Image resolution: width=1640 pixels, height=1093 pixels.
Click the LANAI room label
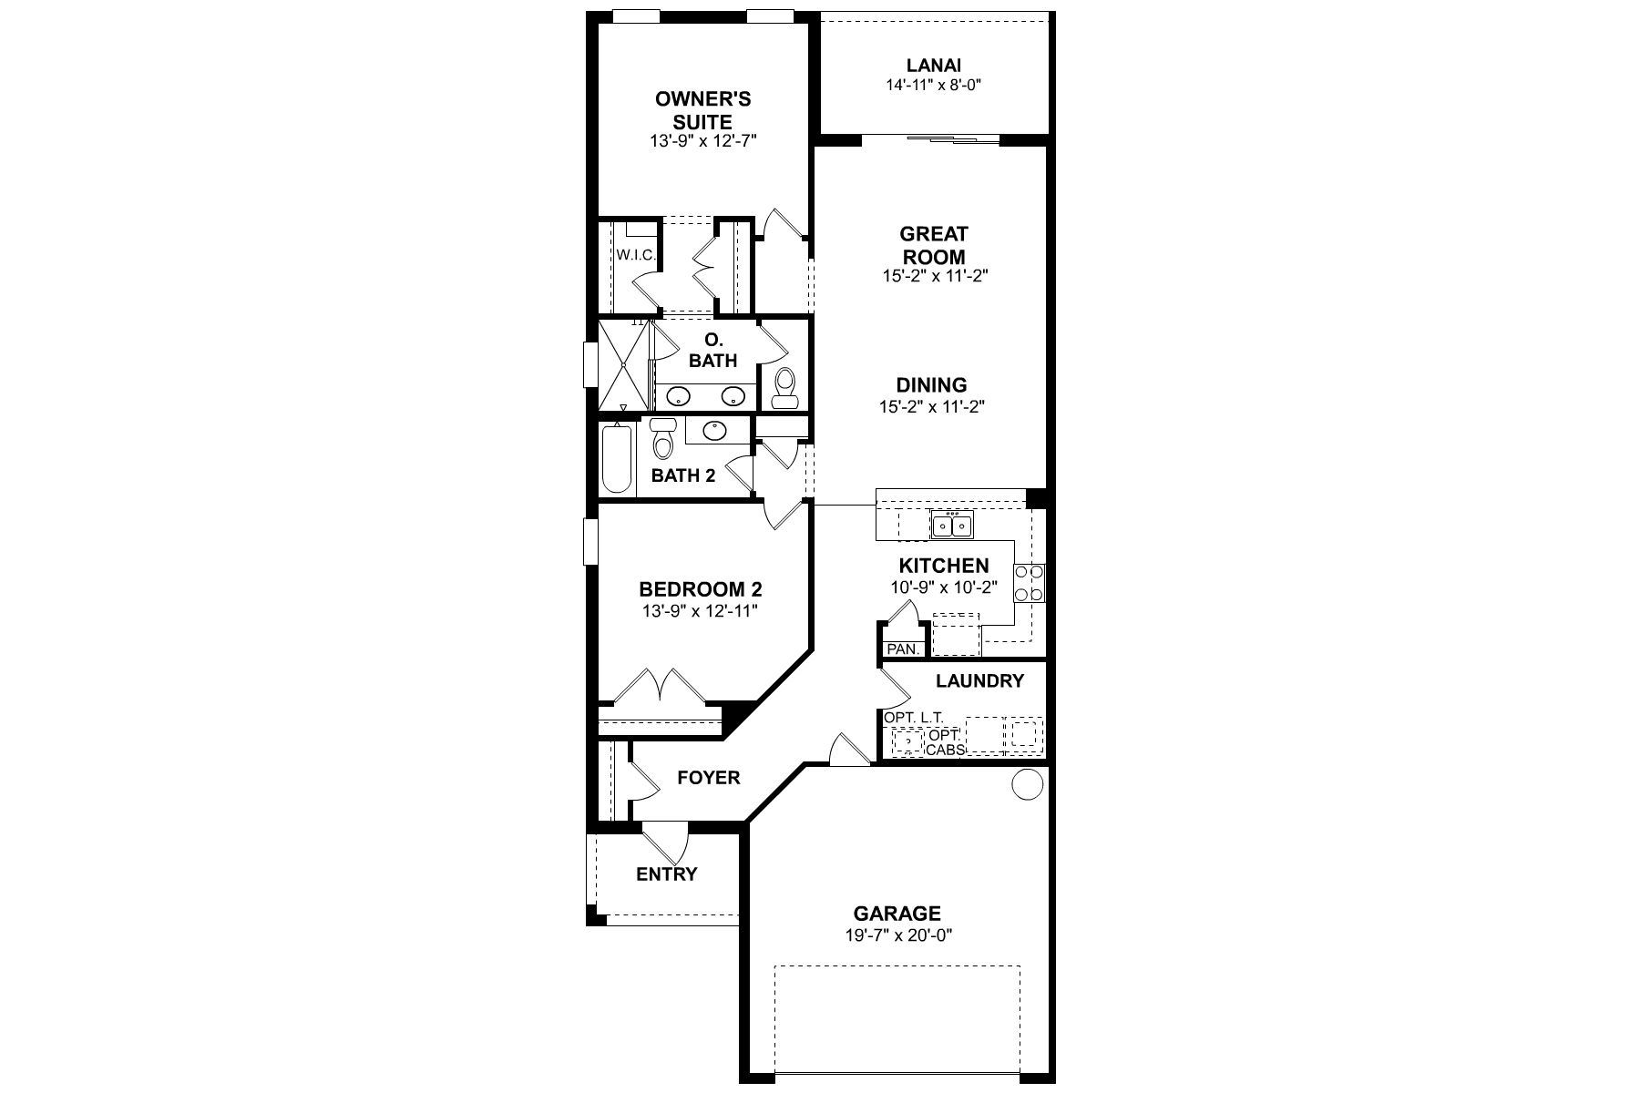[933, 66]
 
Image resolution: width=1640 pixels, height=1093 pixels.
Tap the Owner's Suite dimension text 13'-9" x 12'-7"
[703, 140]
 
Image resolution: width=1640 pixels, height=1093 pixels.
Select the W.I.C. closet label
[635, 255]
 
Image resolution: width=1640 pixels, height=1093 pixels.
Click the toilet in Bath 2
[662, 441]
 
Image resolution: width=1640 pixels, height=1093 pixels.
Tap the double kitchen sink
[952, 526]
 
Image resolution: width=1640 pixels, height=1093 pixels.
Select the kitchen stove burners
[1030, 583]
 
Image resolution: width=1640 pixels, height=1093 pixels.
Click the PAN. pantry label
[903, 649]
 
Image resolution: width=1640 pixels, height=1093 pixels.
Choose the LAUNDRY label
[979, 680]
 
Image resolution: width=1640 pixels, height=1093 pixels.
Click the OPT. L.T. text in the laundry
[913, 718]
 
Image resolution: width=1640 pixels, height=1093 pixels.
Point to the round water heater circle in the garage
[1027, 784]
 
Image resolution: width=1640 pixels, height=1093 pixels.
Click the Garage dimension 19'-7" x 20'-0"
[897, 935]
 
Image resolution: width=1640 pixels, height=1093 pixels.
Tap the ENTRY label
[666, 874]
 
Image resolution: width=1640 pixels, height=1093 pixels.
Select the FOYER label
[708, 778]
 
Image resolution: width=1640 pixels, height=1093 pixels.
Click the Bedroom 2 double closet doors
[658, 688]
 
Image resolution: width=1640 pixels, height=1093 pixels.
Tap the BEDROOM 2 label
[700, 588]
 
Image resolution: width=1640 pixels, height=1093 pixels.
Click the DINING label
[931, 385]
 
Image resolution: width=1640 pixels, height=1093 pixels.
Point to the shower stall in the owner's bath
[622, 364]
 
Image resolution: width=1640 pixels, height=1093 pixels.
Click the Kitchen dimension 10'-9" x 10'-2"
[944, 588]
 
